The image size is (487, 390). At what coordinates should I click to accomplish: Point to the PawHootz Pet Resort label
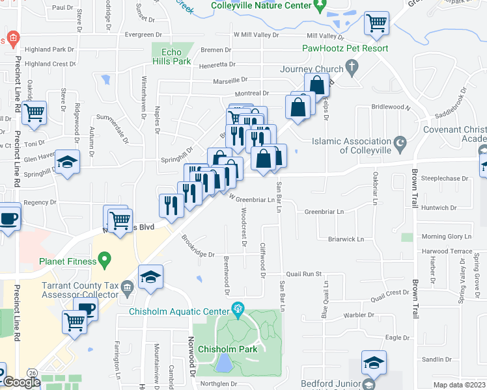point(345,48)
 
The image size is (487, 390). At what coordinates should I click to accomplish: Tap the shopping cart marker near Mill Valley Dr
point(376,24)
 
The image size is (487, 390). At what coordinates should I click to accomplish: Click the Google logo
point(21,382)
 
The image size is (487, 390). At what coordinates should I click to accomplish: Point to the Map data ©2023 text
point(460,385)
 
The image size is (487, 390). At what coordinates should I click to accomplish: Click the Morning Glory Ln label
point(447,237)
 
